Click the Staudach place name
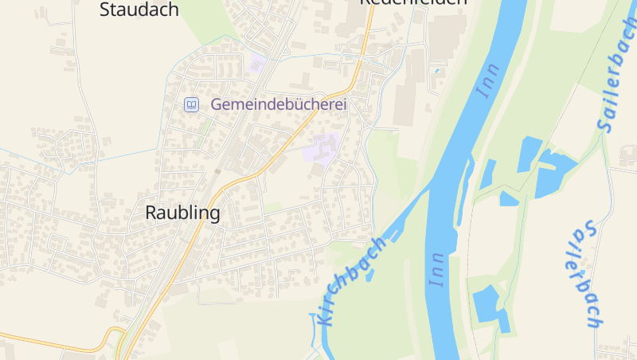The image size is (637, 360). [139, 10]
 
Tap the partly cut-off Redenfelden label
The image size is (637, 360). [412, 2]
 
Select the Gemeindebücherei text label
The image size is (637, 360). [279, 104]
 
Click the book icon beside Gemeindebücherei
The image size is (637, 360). [191, 104]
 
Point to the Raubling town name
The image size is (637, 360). [182, 213]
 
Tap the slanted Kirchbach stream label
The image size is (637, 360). [350, 281]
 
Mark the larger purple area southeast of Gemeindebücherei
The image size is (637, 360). [322, 148]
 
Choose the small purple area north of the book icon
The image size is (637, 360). [256, 63]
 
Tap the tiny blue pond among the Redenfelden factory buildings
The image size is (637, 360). [436, 71]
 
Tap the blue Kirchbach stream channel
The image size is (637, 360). [398, 224]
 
